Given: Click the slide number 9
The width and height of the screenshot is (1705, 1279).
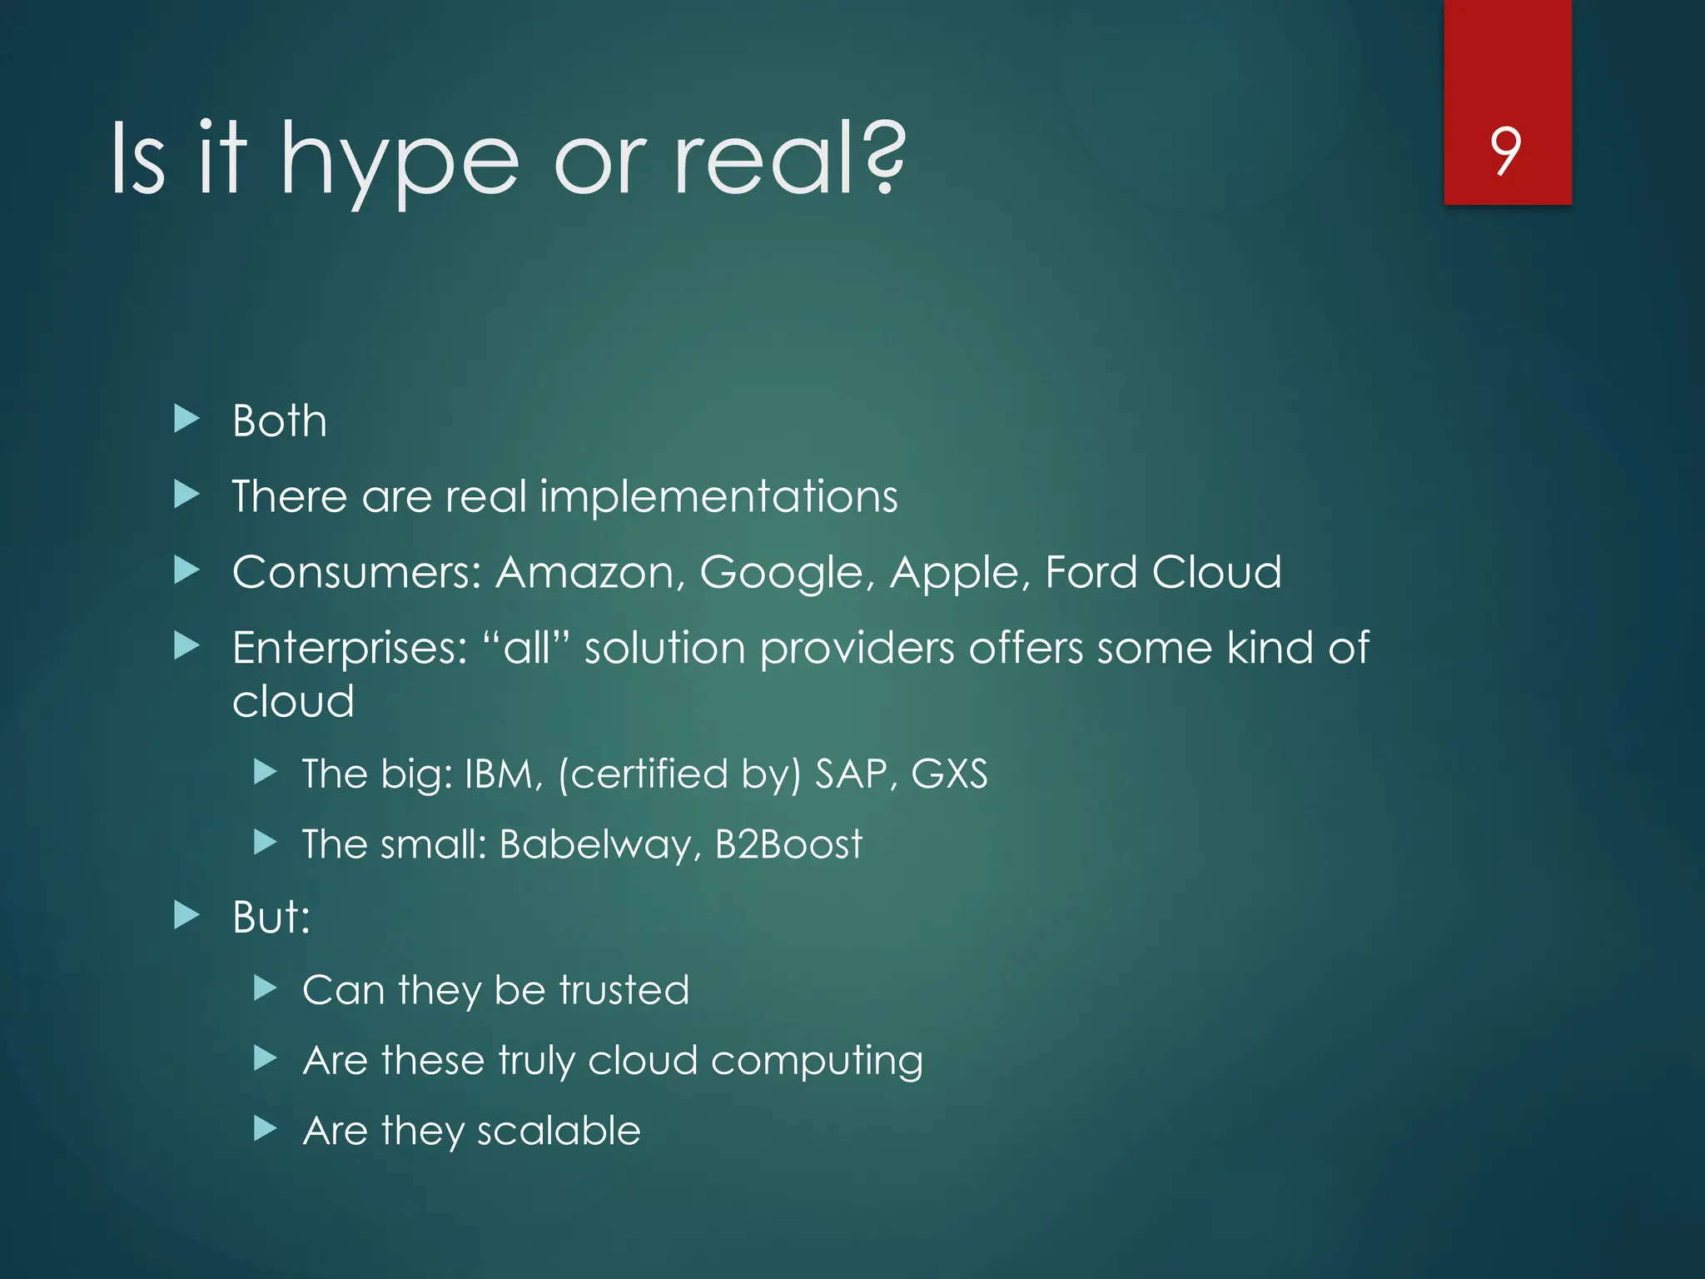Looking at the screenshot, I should click(1506, 151).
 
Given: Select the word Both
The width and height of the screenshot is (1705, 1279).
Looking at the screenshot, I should click(280, 421).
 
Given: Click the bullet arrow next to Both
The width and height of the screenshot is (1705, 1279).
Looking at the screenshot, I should click(186, 419).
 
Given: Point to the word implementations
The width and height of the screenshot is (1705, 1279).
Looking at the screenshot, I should click(718, 497).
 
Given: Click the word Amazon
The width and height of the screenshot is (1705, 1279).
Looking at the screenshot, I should click(589, 573).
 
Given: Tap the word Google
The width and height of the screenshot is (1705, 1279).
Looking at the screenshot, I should click(786, 573).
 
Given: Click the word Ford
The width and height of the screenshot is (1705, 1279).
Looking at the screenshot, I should click(1091, 573).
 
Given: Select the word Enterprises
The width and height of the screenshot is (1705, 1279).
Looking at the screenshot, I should click(350, 649).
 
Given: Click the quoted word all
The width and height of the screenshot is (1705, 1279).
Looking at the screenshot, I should click(526, 649).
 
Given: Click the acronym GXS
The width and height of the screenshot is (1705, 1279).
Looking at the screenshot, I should click(949, 774).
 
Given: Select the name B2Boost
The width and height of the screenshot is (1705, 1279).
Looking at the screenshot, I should click(788, 845).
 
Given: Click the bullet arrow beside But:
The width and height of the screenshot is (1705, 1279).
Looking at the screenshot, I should click(186, 916).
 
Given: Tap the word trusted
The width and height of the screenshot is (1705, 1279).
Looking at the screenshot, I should click(624, 991).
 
